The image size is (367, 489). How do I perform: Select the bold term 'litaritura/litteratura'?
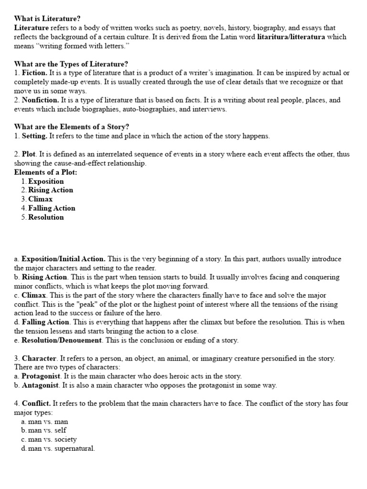[x=291, y=37]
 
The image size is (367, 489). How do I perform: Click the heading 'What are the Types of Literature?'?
[x=71, y=64]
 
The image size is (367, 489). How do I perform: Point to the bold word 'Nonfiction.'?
[x=41, y=100]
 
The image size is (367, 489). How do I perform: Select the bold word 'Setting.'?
[x=35, y=136]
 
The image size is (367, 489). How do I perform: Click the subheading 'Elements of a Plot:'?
[x=45, y=172]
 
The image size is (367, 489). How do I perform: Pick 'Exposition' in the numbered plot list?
[x=46, y=181]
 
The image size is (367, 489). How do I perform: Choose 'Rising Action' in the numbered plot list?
[x=51, y=190]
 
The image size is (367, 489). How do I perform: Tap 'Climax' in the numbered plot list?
[x=41, y=199]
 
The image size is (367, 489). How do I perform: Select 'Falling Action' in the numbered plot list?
[x=52, y=208]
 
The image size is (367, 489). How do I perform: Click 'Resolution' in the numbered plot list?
[x=46, y=217]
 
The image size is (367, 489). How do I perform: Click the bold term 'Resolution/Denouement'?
[x=62, y=340]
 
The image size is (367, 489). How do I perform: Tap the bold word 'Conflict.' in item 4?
[x=36, y=404]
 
